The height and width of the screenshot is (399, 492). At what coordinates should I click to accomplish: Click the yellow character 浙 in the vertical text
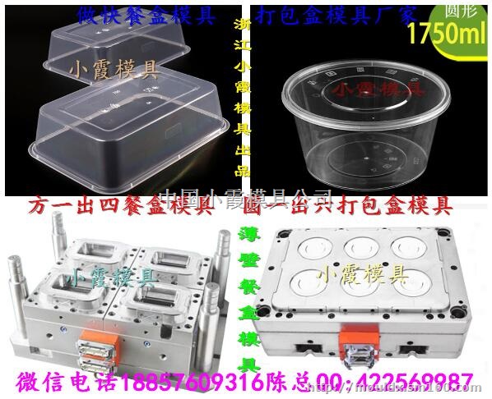tap(244, 25)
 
